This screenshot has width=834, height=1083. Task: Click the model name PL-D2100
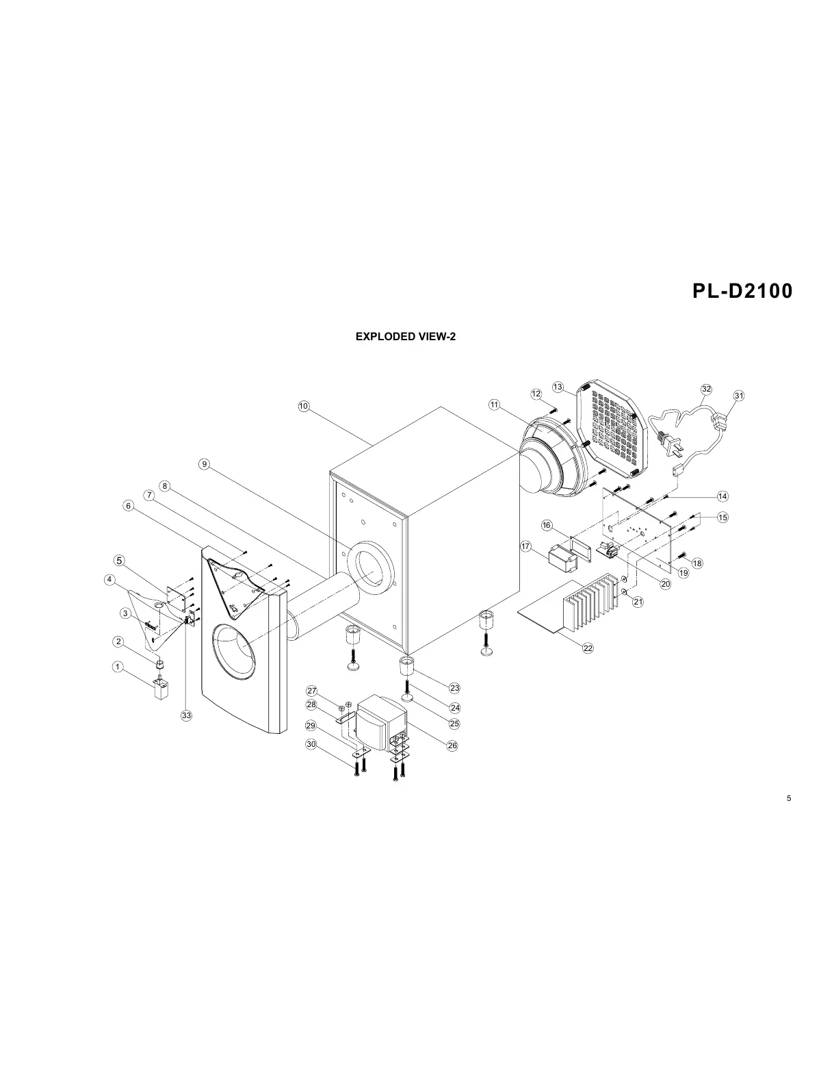[x=742, y=291]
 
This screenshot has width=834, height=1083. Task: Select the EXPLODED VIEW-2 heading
[x=405, y=337]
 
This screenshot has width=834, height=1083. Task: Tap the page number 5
[x=789, y=798]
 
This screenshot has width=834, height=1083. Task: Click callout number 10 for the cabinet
[x=304, y=406]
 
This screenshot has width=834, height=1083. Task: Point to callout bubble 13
[x=558, y=387]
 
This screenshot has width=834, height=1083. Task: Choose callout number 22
[x=588, y=648]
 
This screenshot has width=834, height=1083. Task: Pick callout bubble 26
[x=452, y=746]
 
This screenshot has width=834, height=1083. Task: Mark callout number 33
[x=186, y=715]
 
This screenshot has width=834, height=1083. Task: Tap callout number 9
[x=205, y=465]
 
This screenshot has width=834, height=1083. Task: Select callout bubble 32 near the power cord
[x=706, y=389]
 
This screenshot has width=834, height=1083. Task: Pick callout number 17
[x=526, y=546]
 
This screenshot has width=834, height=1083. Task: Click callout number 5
[x=120, y=560]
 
